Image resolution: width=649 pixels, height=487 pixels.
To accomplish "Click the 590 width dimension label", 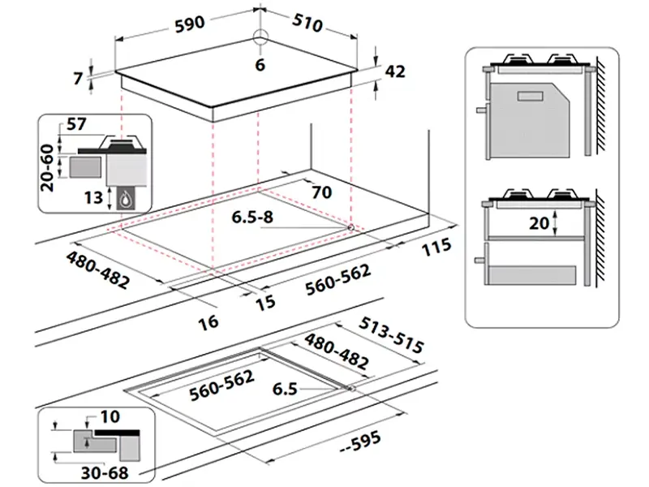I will (x=189, y=24).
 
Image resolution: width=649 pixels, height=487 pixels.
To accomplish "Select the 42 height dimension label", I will (x=394, y=72).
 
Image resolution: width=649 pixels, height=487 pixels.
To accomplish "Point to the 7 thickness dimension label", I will (x=78, y=79).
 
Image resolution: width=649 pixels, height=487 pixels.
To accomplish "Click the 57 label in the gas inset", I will (x=75, y=124).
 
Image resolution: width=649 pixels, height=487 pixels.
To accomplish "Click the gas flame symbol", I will (x=127, y=198).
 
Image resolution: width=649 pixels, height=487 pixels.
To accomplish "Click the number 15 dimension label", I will (x=266, y=302).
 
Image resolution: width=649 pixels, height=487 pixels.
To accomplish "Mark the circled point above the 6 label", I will (x=260, y=37).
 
